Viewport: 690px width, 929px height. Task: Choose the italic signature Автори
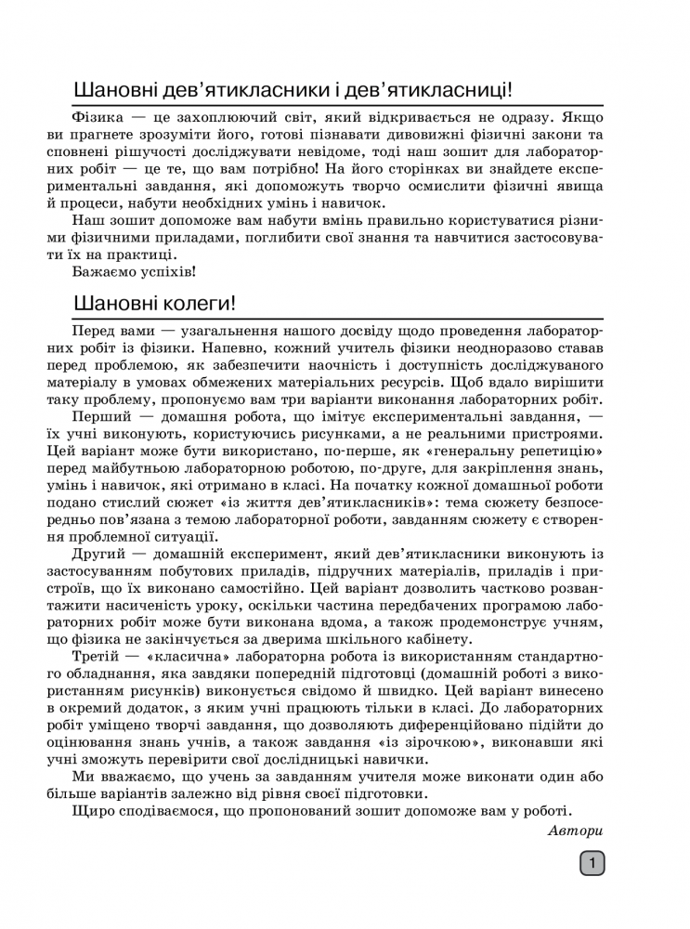[575, 831]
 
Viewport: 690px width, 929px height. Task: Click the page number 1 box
[592, 864]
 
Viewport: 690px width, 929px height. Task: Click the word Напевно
[261, 347]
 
